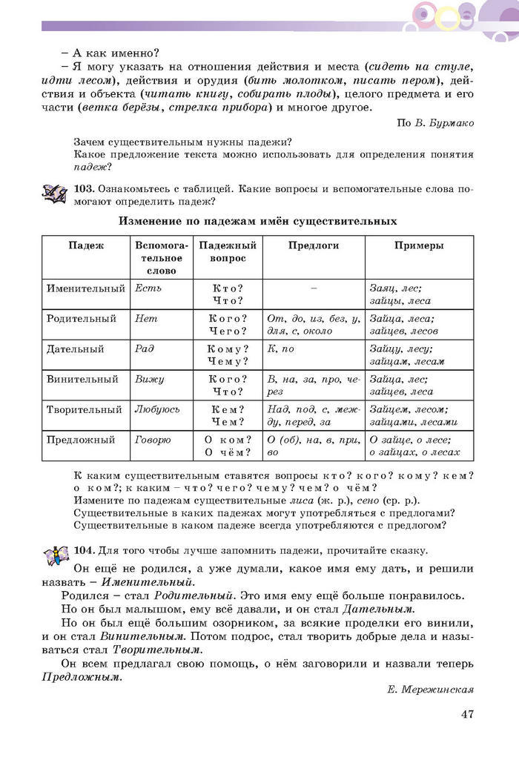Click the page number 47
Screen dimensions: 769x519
click(466, 714)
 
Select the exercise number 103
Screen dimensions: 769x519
click(84, 189)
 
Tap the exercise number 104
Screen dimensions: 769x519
click(84, 550)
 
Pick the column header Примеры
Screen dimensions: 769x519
click(419, 245)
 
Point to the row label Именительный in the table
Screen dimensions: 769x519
click(82, 288)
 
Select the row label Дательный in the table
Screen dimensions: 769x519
click(75, 349)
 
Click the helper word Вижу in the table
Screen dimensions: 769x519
click(149, 379)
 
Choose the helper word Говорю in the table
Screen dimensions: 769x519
click(153, 440)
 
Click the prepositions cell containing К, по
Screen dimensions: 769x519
click(281, 349)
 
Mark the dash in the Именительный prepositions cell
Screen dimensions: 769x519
click(314, 288)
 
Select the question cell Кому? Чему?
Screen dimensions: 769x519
click(228, 355)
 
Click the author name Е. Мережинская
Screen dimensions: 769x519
click(430, 690)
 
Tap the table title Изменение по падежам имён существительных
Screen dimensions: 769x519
click(258, 221)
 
